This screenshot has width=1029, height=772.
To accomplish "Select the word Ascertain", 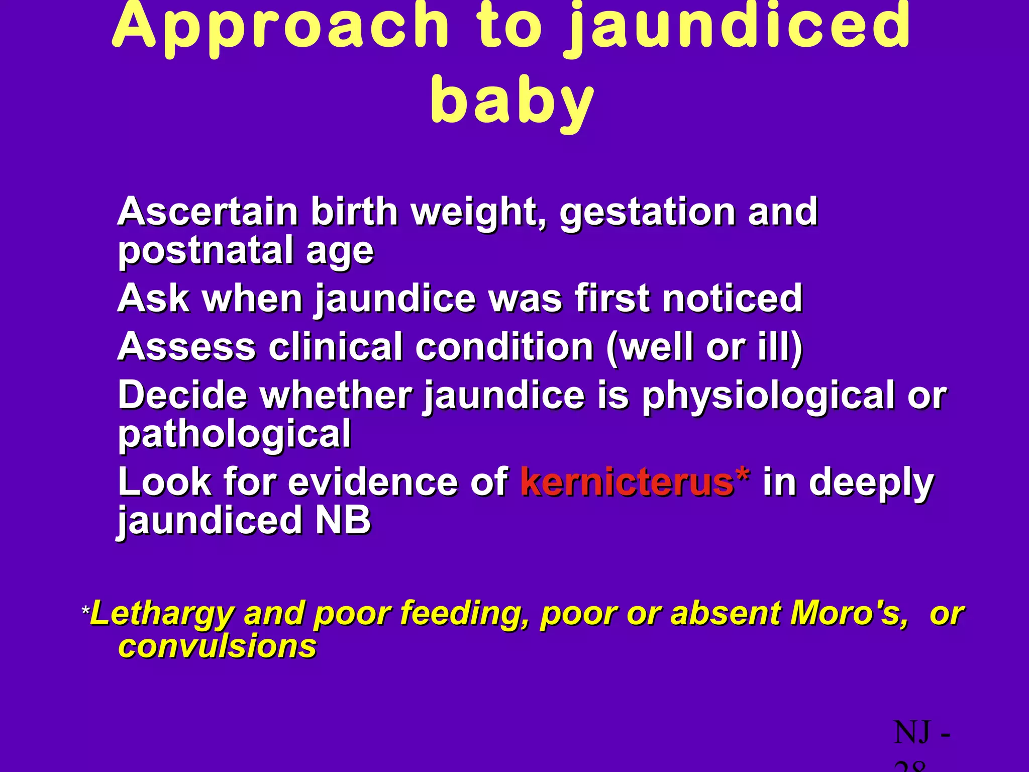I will (x=208, y=212).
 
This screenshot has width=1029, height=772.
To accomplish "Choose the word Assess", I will (x=186, y=347).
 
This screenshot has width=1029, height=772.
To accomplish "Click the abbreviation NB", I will (x=343, y=520).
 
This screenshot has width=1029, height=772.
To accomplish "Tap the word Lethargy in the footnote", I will (x=162, y=615).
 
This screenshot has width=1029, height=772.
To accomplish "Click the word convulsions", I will (x=217, y=646).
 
